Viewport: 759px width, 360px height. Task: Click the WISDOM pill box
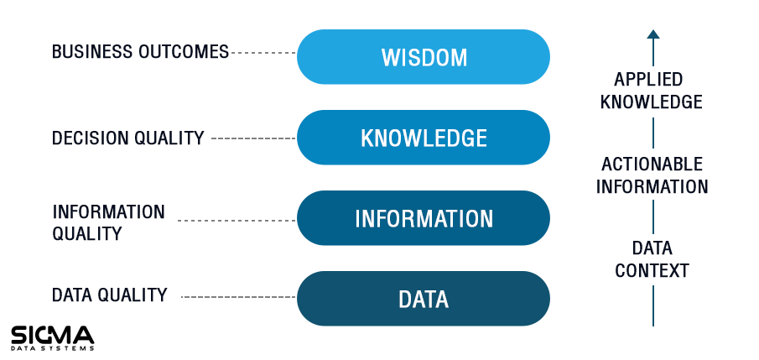point(423,57)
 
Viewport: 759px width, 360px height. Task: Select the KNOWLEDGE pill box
point(423,138)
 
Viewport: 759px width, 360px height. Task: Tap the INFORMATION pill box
point(423,218)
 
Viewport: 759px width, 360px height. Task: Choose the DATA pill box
point(423,299)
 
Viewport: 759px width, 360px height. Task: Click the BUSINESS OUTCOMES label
point(140,52)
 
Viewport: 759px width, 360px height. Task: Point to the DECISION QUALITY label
point(127,138)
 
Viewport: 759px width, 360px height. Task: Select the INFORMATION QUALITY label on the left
point(108,223)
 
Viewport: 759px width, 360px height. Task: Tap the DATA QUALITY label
point(109,295)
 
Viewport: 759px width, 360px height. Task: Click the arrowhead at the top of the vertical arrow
point(653,34)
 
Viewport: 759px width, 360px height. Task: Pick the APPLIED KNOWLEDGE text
point(652,91)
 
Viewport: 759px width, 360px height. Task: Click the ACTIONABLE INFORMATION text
point(652,175)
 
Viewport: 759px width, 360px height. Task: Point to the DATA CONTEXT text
point(652,259)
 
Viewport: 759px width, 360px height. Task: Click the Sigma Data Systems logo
point(52,337)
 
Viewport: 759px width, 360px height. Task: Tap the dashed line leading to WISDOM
point(264,53)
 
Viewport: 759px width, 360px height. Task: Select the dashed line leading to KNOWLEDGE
point(253,138)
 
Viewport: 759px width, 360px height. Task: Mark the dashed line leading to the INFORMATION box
point(237,221)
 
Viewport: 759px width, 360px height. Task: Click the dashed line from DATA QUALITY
point(239,297)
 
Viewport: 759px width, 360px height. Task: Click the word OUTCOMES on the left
point(184,52)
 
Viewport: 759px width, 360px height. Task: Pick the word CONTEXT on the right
point(652,270)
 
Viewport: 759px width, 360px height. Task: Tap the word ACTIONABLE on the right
point(652,164)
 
